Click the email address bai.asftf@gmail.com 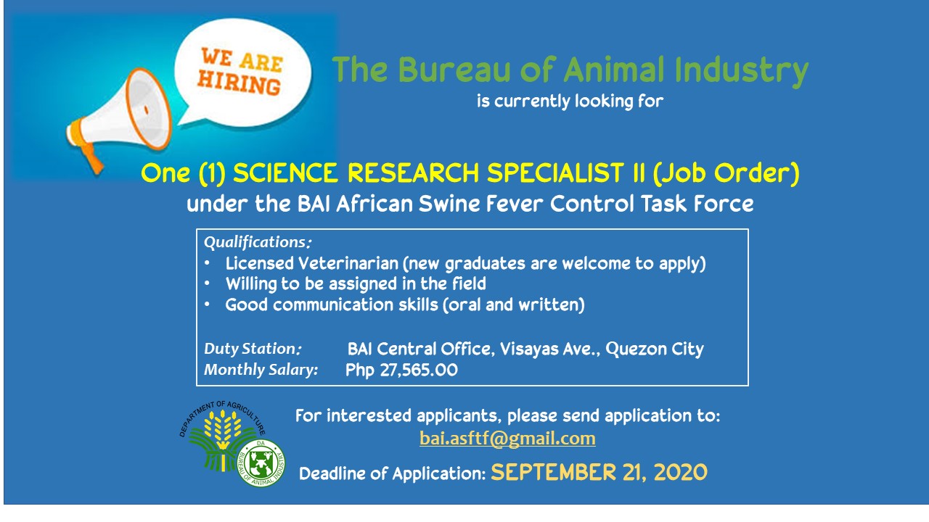pos(507,439)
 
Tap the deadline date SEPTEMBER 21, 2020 pos(599,472)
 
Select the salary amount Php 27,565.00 pos(401,370)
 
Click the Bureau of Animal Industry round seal pos(261,463)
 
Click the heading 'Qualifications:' pos(257,242)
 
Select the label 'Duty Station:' pos(253,349)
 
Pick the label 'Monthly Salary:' pos(261,370)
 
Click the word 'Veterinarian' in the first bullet pos(348,263)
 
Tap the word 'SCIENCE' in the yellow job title pos(285,173)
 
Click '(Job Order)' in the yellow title pos(727,173)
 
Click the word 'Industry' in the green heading pos(742,71)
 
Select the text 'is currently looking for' pos(570,101)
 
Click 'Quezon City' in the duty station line pos(655,349)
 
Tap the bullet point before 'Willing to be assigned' pos(207,283)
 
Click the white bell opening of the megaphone pos(147,109)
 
